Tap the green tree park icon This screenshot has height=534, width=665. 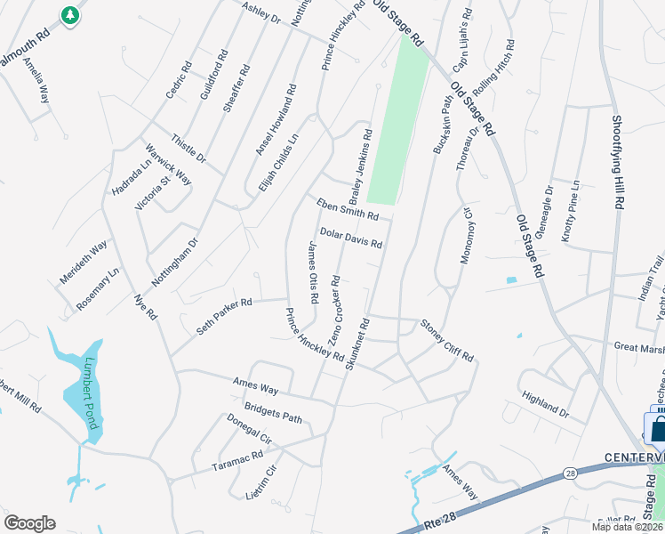(x=70, y=15)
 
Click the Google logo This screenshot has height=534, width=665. (x=29, y=523)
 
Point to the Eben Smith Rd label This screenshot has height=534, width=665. (x=348, y=210)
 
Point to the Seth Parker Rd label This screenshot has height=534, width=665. (x=225, y=316)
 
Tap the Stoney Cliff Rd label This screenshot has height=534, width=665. (x=446, y=340)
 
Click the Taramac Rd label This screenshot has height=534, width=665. (x=237, y=454)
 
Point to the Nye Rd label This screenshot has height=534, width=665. (x=145, y=306)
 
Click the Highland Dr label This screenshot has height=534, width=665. (x=545, y=404)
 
